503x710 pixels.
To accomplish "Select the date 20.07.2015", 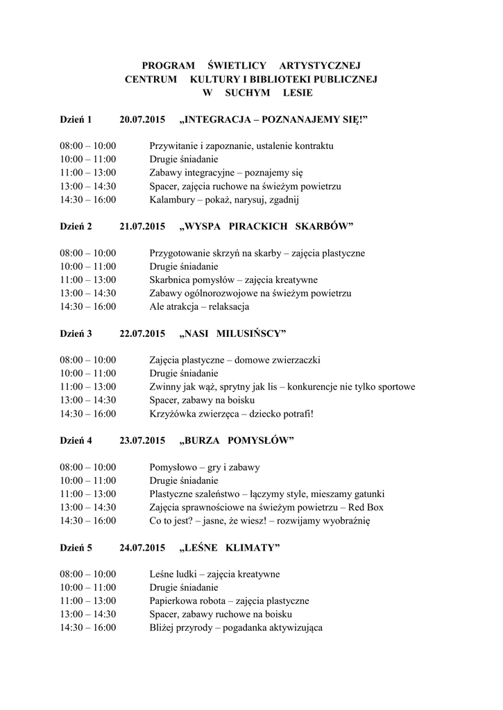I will click(142, 120).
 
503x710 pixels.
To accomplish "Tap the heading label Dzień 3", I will click(76, 334).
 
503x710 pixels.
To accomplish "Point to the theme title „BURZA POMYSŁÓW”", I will click(237, 440).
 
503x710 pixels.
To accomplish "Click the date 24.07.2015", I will click(142, 548).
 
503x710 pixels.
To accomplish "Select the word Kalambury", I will click(172, 200).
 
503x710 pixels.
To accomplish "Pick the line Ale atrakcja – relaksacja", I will click(199, 306).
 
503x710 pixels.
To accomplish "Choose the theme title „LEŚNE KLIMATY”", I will click(230, 548).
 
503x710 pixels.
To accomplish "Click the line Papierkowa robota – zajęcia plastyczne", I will click(229, 600).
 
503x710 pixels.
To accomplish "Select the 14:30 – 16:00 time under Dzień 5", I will click(88, 627).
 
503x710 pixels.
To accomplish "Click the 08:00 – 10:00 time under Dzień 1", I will click(88, 146).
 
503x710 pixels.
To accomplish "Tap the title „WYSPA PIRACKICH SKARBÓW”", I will click(266, 227).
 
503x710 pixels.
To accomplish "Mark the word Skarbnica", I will click(171, 280).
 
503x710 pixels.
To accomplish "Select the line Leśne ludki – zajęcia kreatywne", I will click(215, 574).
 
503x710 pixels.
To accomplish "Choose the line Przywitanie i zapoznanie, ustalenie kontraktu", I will click(241, 146).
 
